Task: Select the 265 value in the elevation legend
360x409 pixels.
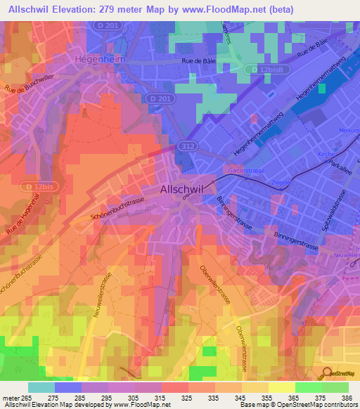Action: [x=27, y=398]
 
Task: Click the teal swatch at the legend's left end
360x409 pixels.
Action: [x=41, y=387]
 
